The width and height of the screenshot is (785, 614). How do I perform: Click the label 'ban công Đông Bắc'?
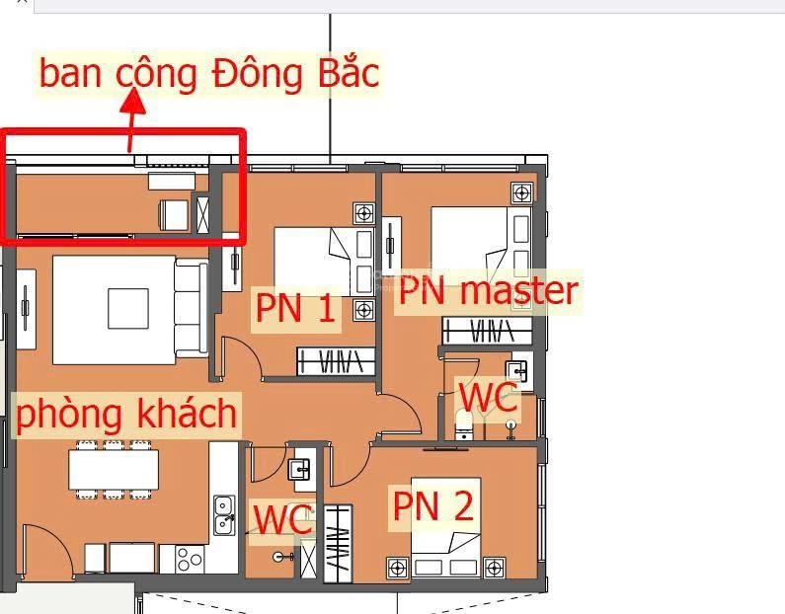point(208,74)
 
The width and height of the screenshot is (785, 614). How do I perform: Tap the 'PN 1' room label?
point(295,308)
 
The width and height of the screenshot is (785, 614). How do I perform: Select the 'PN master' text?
point(487,290)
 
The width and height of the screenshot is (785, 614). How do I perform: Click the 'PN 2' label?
point(432,505)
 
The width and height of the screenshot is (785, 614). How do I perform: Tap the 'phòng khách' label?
point(126,414)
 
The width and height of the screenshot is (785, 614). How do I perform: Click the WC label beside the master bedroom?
point(488,399)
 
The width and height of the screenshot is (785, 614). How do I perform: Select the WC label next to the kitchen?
point(282,520)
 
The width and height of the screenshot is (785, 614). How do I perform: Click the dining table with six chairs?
point(113,469)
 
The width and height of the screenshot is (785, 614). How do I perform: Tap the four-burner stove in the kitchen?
point(189,559)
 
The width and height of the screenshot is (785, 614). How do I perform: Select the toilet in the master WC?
point(465,425)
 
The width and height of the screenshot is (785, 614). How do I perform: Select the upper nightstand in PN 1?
point(363,213)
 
